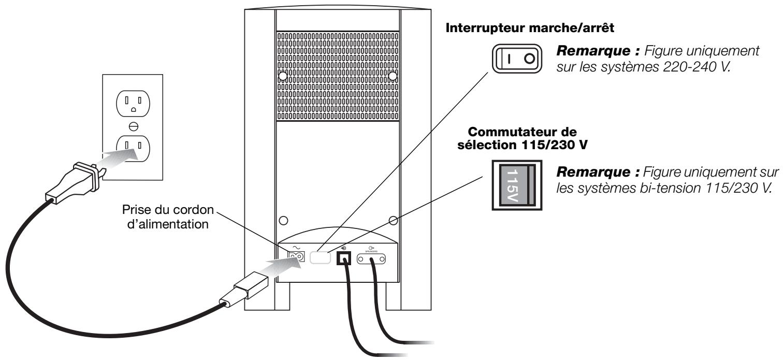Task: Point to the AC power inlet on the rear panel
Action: coord(296,257)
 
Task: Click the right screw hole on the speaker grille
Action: coord(393,76)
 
